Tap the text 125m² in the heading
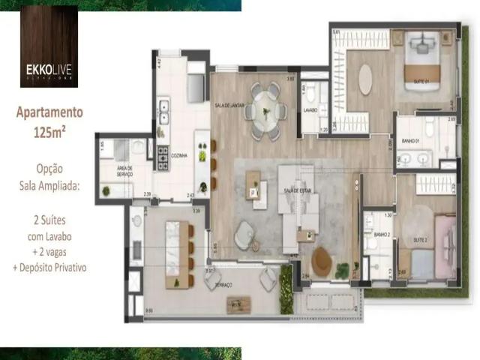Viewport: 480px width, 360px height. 49,133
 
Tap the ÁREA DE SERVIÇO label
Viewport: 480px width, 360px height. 124,171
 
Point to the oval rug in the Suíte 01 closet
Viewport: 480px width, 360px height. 365,79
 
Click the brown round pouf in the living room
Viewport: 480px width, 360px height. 322,261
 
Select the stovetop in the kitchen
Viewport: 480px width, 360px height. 162,157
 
